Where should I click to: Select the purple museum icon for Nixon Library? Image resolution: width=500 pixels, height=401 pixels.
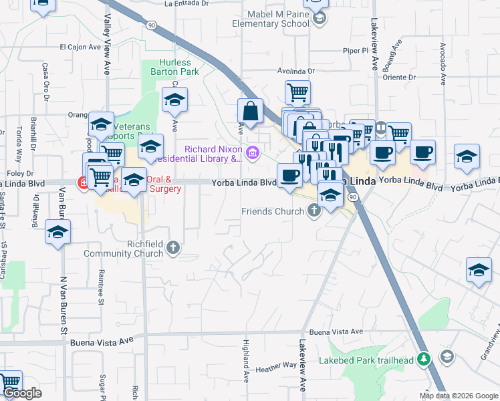[x=251, y=154]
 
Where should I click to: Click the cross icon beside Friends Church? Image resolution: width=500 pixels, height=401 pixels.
[x=313, y=212]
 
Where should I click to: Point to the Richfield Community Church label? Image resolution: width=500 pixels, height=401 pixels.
[x=124, y=249]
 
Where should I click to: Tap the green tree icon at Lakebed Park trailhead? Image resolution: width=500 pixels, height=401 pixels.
[x=422, y=360]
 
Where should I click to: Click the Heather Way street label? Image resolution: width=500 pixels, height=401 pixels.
[x=276, y=365]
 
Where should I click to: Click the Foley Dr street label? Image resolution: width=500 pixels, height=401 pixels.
[x=15, y=172]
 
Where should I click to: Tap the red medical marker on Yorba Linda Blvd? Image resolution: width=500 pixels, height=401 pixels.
[x=84, y=182]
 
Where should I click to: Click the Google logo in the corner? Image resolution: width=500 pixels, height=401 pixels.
[x=22, y=393]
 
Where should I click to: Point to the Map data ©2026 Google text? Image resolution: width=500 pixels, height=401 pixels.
[x=459, y=396]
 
